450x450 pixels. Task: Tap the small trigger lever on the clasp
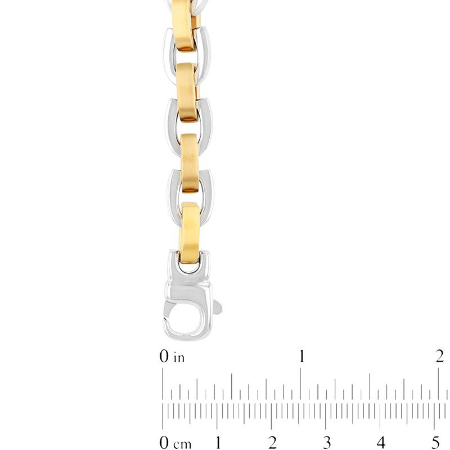click(218, 308)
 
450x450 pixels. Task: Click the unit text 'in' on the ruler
click(179, 357)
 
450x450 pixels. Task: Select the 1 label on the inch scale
click(302, 356)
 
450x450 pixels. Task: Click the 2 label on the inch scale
click(440, 356)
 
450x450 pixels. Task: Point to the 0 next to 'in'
click(164, 357)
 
